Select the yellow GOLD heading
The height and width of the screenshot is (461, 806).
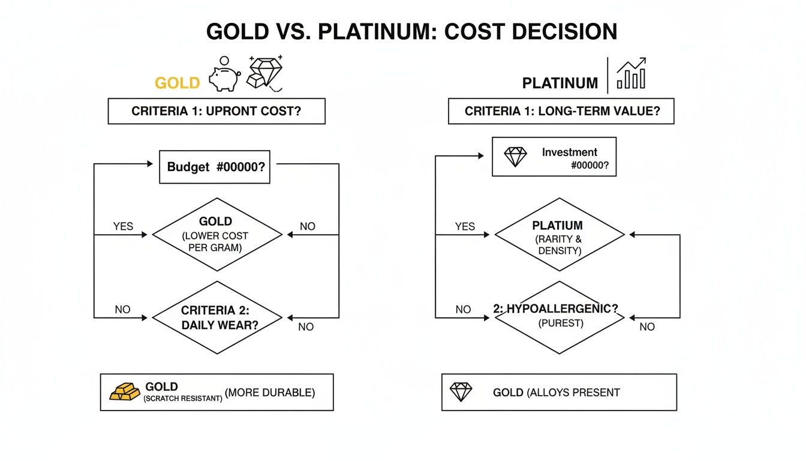pyautogui.click(x=177, y=83)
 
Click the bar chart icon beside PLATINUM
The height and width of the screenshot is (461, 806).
pyautogui.click(x=631, y=74)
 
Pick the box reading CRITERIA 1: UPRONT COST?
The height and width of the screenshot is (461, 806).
pyautogui.click(x=216, y=112)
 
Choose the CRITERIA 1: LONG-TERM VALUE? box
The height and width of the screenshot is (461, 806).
pyautogui.click(x=561, y=112)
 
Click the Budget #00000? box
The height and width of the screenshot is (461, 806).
pyautogui.click(x=215, y=167)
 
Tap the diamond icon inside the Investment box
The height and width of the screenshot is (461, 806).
pyautogui.click(x=515, y=157)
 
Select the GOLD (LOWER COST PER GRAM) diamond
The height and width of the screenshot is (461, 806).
pyautogui.click(x=216, y=234)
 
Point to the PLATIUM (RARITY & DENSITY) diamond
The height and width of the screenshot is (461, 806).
pyautogui.click(x=559, y=234)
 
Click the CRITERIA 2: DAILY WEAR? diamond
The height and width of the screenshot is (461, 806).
pyautogui.click(x=216, y=317)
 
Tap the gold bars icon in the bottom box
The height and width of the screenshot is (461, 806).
pyautogui.click(x=125, y=391)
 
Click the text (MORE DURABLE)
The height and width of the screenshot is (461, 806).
pyautogui.click(x=269, y=393)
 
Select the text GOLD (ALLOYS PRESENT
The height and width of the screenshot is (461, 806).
pyautogui.click(x=556, y=393)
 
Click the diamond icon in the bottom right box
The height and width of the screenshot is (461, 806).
pyautogui.click(x=461, y=392)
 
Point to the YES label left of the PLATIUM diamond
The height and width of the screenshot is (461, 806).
pyautogui.click(x=465, y=226)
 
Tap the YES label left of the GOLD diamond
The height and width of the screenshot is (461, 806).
pyautogui.click(x=123, y=226)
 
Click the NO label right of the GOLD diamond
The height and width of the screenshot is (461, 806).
pyautogui.click(x=307, y=226)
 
